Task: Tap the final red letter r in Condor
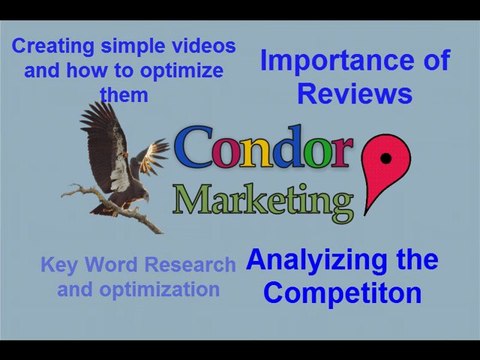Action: (339, 150)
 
